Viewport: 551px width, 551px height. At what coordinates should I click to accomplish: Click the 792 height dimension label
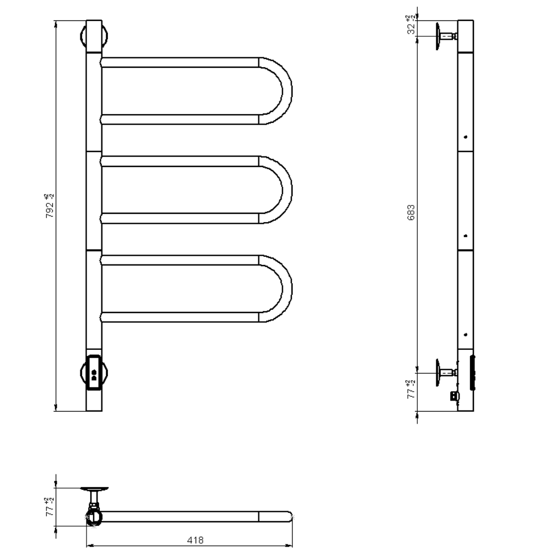(50, 206)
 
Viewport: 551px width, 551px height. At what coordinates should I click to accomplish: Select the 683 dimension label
(411, 213)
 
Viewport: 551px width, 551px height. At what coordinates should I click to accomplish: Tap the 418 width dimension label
(195, 540)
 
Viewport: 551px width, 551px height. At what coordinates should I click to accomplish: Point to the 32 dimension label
(411, 25)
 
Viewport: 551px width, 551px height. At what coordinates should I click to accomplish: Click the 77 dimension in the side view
(411, 390)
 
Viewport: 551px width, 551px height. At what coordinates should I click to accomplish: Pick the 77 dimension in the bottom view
(50, 507)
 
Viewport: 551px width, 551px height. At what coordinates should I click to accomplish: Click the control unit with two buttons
(94, 372)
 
